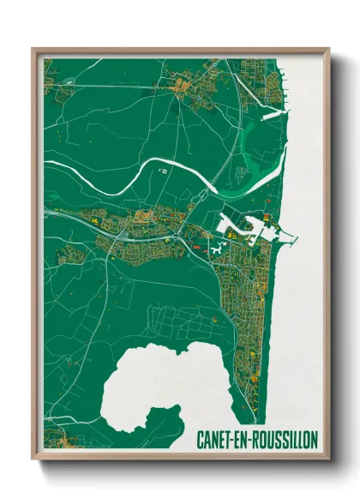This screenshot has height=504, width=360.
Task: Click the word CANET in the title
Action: (217, 440)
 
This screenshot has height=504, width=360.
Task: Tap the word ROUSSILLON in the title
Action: (285, 440)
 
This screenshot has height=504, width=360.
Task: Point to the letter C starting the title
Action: (201, 440)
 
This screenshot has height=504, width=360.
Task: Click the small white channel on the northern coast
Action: (273, 112)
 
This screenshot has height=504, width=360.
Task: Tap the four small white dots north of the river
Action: (161, 171)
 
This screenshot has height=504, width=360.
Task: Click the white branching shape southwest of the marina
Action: (214, 249)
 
